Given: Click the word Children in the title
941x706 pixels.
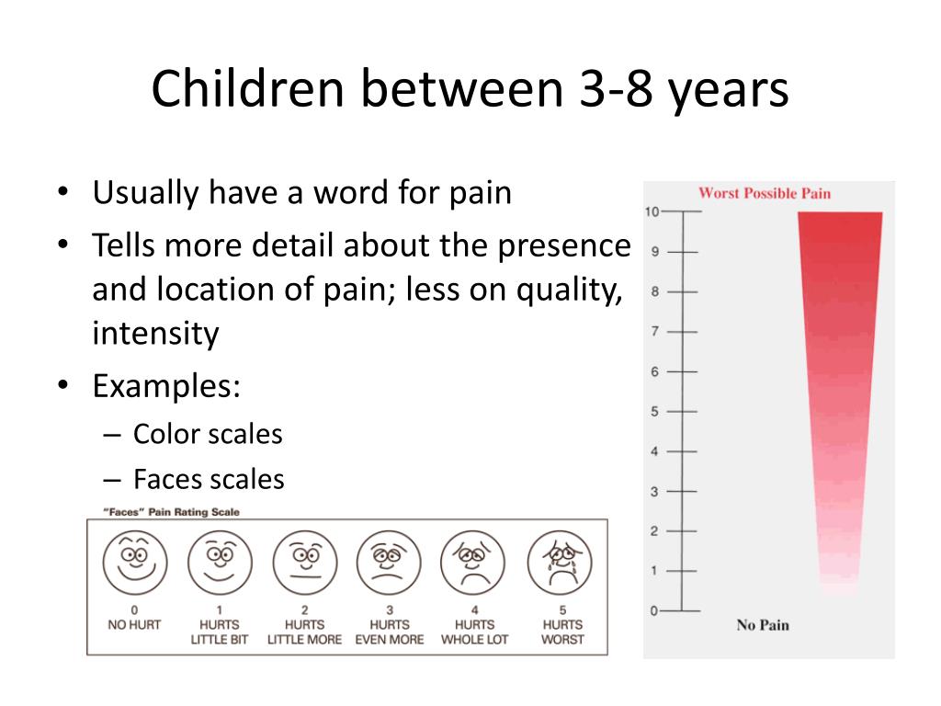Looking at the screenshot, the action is point(248,88).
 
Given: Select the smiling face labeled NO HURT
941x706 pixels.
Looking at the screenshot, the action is point(135,563).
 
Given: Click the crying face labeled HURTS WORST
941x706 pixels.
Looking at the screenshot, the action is point(560,563).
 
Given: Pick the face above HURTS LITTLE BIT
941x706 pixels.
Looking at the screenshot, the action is point(220,563).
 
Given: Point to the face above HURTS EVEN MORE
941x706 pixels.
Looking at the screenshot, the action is point(389,563).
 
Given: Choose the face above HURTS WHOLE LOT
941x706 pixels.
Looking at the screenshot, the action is point(473,563).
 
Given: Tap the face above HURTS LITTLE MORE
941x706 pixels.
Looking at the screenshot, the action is point(305,563).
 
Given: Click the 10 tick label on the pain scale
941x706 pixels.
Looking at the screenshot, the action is point(652,212).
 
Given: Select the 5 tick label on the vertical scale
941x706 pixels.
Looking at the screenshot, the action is point(654,412).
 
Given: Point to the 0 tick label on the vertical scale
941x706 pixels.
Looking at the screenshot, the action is point(654,611).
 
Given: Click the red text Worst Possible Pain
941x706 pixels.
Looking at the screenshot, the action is point(765,193).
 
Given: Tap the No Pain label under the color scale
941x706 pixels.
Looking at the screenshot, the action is point(763,625).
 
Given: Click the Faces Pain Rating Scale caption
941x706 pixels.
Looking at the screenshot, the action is point(172,512).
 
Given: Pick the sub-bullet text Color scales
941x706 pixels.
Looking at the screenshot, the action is point(208,434).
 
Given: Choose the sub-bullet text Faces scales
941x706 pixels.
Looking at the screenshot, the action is point(209,479).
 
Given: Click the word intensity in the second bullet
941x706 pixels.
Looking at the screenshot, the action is point(155,333).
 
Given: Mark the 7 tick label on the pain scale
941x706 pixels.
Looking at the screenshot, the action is point(654,331).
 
